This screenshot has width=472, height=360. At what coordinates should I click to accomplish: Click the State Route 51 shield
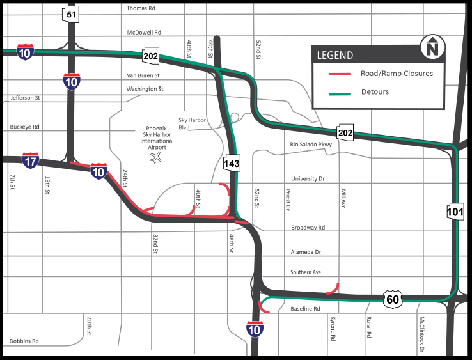point(70,15)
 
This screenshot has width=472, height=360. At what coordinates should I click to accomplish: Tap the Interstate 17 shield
point(30,160)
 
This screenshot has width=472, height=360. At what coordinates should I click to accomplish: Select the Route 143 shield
point(231,164)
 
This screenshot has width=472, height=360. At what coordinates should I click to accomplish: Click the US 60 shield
point(393,299)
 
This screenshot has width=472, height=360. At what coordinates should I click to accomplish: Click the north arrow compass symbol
point(433,47)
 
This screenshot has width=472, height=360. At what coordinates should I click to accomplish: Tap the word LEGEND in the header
point(335,56)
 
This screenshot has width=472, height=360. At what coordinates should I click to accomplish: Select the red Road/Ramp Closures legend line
point(341,74)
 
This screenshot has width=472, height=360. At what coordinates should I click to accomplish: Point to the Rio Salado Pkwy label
point(311,145)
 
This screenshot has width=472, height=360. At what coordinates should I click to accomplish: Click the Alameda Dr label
point(305,252)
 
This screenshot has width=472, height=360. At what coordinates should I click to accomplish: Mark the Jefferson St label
point(26,98)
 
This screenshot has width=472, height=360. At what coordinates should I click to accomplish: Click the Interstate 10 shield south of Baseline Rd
point(254,329)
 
